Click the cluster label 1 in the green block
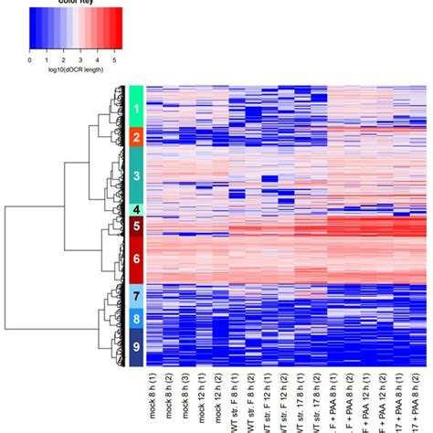(x=135, y=110)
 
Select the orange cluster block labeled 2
(x=135, y=138)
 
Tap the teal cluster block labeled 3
(x=135, y=174)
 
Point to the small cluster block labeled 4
(x=135, y=210)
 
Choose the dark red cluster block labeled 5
(x=135, y=226)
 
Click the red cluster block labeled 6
(x=135, y=259)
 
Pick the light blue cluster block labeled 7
(x=135, y=296)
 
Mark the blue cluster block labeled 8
(x=135, y=320)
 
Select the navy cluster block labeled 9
(x=135, y=347)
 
